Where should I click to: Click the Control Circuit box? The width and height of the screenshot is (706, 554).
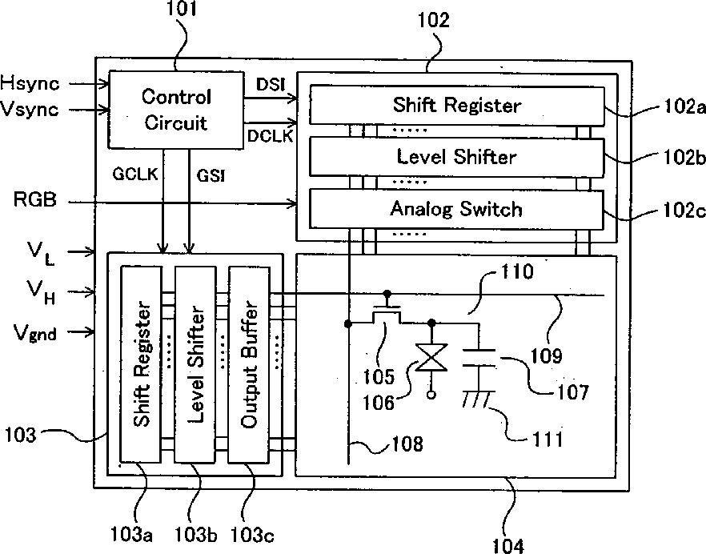click(175, 109)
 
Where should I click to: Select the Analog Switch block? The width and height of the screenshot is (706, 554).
click(456, 209)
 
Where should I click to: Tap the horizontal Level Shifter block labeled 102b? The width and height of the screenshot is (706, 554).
click(456, 157)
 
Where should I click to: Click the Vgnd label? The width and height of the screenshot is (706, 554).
click(34, 332)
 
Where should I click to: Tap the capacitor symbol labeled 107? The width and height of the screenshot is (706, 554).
click(479, 363)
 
